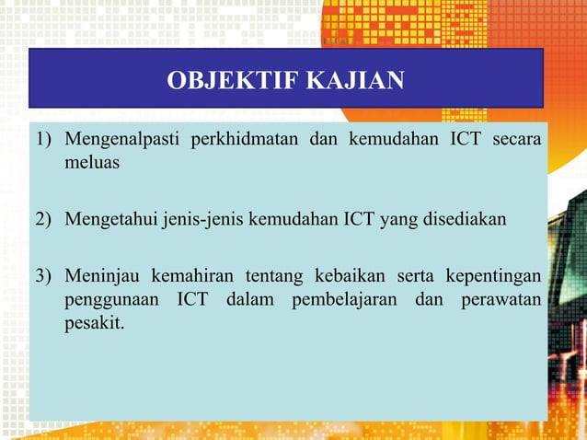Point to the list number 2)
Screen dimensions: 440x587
45,220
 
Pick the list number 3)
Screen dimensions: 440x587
45,278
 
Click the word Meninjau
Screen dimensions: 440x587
98,278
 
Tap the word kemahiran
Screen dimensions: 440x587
189,278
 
